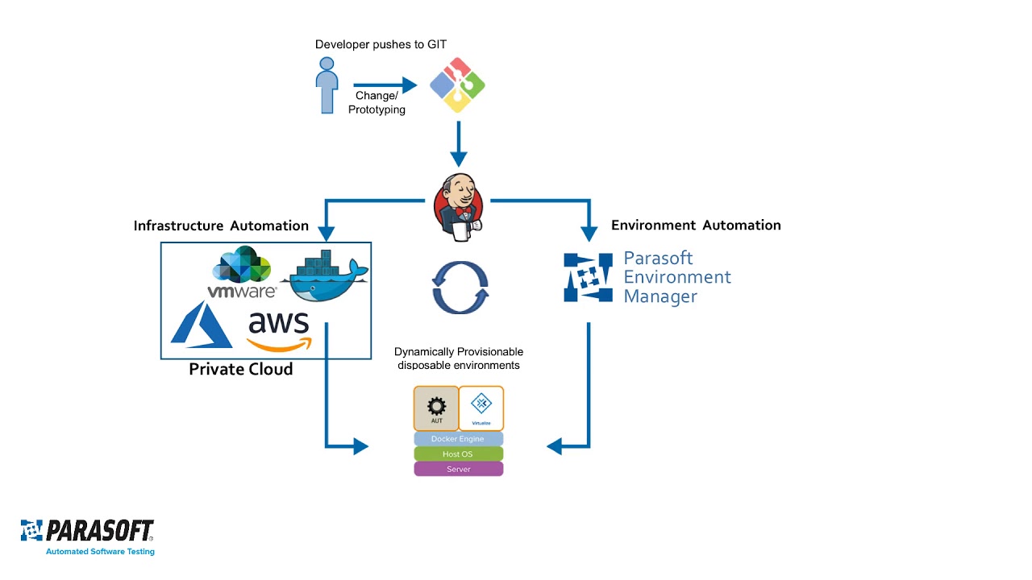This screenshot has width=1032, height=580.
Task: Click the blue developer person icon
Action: tap(327, 91)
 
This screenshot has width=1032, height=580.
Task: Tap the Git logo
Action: tap(457, 85)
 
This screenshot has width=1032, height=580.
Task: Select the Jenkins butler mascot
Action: tap(459, 207)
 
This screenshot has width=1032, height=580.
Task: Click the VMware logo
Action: tap(242, 274)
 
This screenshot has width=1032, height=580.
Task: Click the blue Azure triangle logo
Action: tap(201, 325)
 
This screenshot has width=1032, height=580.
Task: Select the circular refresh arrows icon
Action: tap(460, 287)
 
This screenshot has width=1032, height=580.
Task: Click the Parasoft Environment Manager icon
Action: tap(588, 277)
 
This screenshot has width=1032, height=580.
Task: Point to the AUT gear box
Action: tap(436, 408)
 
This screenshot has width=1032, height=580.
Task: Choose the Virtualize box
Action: tap(481, 408)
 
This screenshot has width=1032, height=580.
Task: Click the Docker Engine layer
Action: tap(458, 439)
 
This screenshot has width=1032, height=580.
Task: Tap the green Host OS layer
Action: tap(458, 454)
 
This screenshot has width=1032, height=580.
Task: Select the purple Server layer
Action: tap(458, 469)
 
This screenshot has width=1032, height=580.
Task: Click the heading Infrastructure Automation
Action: tap(221, 226)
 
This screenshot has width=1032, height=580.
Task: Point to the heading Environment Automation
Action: tap(696, 226)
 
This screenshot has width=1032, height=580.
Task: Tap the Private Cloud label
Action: tap(240, 369)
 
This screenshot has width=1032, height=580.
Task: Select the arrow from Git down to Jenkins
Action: tap(458, 144)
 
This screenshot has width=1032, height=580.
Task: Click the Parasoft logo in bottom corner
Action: tap(87, 536)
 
